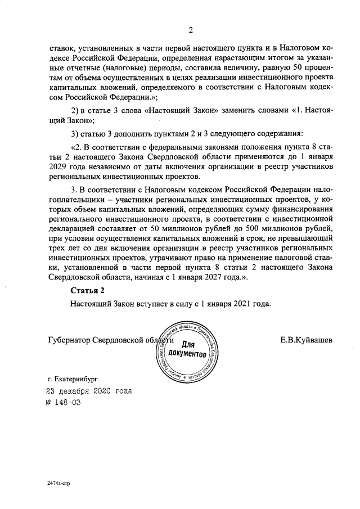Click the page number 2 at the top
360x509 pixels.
click(191, 30)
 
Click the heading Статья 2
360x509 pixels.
click(88, 290)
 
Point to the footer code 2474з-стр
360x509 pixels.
click(59, 483)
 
